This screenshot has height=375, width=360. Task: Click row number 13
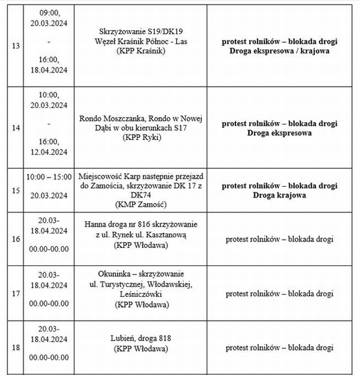point(16,47)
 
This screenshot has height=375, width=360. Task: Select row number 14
point(16,128)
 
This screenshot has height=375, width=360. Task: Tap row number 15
point(16,191)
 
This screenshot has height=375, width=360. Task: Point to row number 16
point(16,240)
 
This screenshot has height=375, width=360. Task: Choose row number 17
point(16,294)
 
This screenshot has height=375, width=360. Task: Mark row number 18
point(16,348)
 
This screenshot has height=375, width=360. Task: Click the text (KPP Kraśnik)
point(140,51)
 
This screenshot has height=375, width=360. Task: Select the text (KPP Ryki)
point(140,137)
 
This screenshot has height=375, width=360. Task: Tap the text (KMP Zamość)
point(140,205)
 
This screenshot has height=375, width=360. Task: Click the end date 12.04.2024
point(49,152)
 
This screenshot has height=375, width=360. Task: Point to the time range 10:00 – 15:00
point(49,177)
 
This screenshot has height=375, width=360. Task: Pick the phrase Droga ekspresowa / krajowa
point(279,51)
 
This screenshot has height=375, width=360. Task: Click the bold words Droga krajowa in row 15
point(279,195)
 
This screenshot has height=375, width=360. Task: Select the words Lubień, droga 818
point(141,338)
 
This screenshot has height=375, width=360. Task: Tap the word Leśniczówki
point(141,294)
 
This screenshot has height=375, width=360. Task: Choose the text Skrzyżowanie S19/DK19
point(140,32)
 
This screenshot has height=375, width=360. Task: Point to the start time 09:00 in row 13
point(49,13)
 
